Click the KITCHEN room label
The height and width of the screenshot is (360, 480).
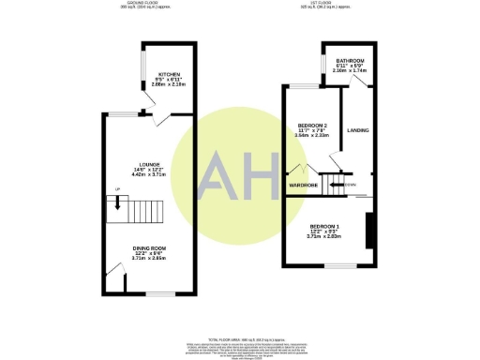click(169, 74)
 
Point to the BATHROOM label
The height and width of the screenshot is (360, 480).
click(350, 61)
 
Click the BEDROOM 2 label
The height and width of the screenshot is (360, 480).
click(311, 125)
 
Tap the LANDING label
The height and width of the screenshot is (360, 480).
click(356, 130)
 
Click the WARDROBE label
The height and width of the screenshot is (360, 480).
click(302, 185)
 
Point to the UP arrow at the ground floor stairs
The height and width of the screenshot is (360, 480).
click(118, 200)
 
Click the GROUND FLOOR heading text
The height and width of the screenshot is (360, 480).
click(142, 4)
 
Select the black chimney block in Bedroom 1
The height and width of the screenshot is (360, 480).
click(368, 230)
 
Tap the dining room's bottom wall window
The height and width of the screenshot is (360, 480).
click(159, 293)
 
